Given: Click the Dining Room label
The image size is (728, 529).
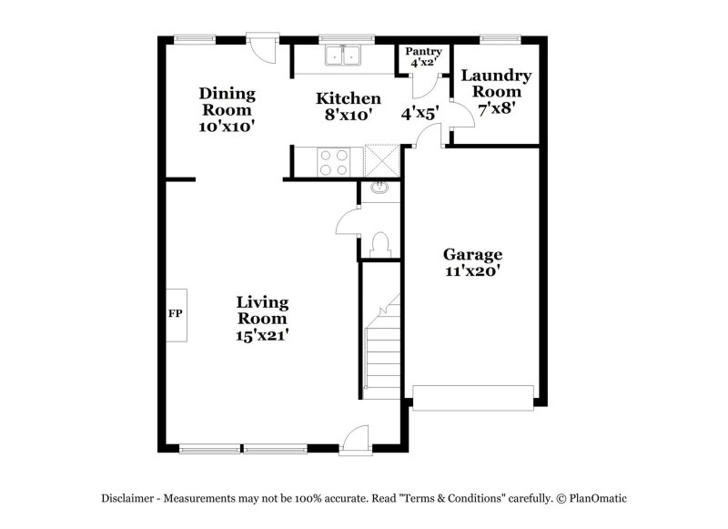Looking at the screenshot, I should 227,109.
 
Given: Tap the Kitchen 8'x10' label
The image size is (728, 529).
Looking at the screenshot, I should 348,106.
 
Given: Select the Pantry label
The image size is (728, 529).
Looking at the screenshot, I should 423,57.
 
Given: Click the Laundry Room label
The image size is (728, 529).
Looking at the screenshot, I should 496,91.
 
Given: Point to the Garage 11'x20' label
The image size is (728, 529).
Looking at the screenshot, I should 472,262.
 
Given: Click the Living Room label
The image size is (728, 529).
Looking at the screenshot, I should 262,318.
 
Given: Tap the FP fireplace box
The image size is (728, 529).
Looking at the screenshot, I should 176,314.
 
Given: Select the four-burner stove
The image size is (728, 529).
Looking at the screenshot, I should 333,161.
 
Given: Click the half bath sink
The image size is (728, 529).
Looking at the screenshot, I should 380,189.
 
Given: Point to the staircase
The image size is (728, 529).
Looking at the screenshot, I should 382,346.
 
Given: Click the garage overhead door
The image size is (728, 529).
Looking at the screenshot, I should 472,397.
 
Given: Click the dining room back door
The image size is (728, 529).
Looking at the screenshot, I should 263,47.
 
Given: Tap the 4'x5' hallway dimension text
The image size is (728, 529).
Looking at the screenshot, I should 420,114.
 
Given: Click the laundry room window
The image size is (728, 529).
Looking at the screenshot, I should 500,38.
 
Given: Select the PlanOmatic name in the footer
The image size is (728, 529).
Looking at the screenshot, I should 596,498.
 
